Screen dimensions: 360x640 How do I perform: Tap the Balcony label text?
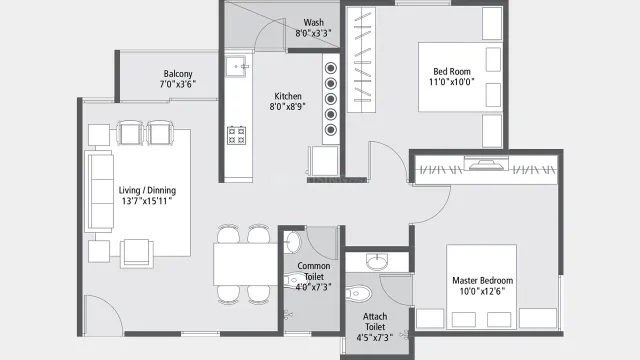[179, 74]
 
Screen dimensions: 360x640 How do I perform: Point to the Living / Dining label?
[147, 190]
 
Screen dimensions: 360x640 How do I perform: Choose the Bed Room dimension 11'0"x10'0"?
[453, 83]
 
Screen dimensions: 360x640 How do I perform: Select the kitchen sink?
[237, 67]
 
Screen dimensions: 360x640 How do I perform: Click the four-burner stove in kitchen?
[238, 134]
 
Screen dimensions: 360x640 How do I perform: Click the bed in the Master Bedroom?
[478, 285]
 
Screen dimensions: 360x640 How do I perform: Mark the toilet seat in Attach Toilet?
[360, 294]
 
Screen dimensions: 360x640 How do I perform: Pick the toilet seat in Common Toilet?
[291, 243]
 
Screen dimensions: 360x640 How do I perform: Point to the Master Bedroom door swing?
[425, 205]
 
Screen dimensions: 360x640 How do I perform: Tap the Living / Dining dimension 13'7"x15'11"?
[147, 201]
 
